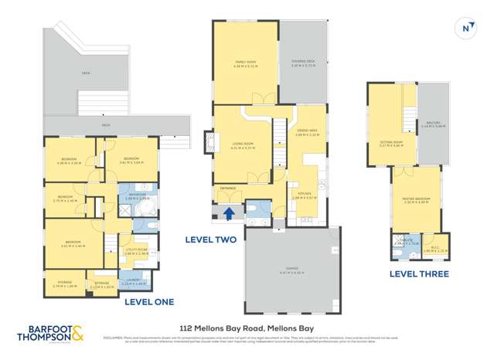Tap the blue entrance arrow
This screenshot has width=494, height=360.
tap(229, 214)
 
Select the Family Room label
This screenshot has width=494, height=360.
tap(245, 63)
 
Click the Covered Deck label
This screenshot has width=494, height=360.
tap(302, 63)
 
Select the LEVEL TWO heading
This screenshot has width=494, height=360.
tap(210, 240)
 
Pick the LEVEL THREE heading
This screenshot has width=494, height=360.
tap(417, 273)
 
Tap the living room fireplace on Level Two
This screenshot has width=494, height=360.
tap(208, 142)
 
